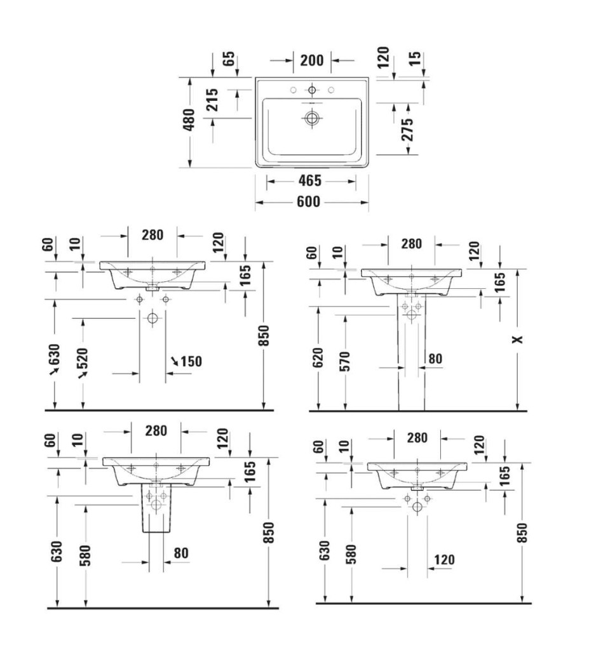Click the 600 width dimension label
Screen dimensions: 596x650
click(x=308, y=202)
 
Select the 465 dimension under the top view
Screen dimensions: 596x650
click(x=310, y=180)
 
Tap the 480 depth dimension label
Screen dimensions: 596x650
click(x=189, y=119)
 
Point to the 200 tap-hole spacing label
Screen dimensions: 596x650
click(x=312, y=60)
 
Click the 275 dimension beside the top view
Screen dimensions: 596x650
click(x=407, y=129)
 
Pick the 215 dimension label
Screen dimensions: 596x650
click(x=212, y=100)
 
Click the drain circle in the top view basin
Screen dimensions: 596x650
click(x=311, y=118)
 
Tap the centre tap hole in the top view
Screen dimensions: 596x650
click(x=312, y=90)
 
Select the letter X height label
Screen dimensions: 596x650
click(x=518, y=340)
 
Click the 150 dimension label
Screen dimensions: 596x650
click(x=191, y=361)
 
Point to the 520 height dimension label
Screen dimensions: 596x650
click(x=82, y=359)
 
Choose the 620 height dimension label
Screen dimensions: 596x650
click(x=318, y=357)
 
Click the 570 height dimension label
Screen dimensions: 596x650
click(x=345, y=361)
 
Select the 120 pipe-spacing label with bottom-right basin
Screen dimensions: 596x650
click(x=444, y=560)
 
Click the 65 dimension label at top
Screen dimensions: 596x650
click(x=229, y=58)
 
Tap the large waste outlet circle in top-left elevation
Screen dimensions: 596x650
click(x=152, y=319)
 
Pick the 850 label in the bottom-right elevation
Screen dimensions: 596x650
click(x=522, y=533)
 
